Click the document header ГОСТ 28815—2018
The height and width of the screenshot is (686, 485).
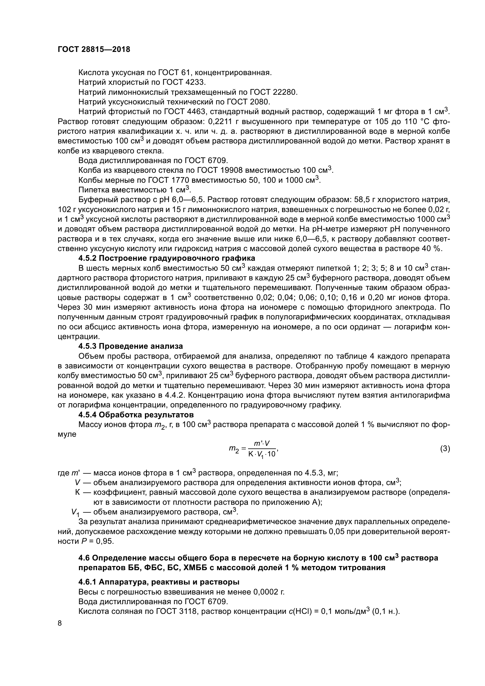point(94,50)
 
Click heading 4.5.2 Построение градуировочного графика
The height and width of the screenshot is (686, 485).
point(167,258)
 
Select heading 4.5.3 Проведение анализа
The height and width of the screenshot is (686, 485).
point(130,346)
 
